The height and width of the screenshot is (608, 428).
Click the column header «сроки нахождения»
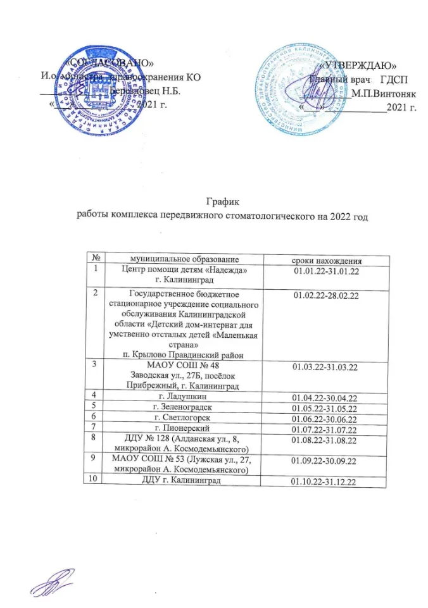(x=324, y=259)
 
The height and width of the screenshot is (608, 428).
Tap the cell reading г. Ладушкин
(x=184, y=395)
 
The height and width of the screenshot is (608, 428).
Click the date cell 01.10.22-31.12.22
(x=321, y=483)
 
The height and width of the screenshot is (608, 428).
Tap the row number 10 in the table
(x=95, y=481)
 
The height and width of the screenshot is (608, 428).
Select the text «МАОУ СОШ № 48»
(x=184, y=366)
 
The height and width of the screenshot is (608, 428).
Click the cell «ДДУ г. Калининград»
(x=184, y=482)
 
